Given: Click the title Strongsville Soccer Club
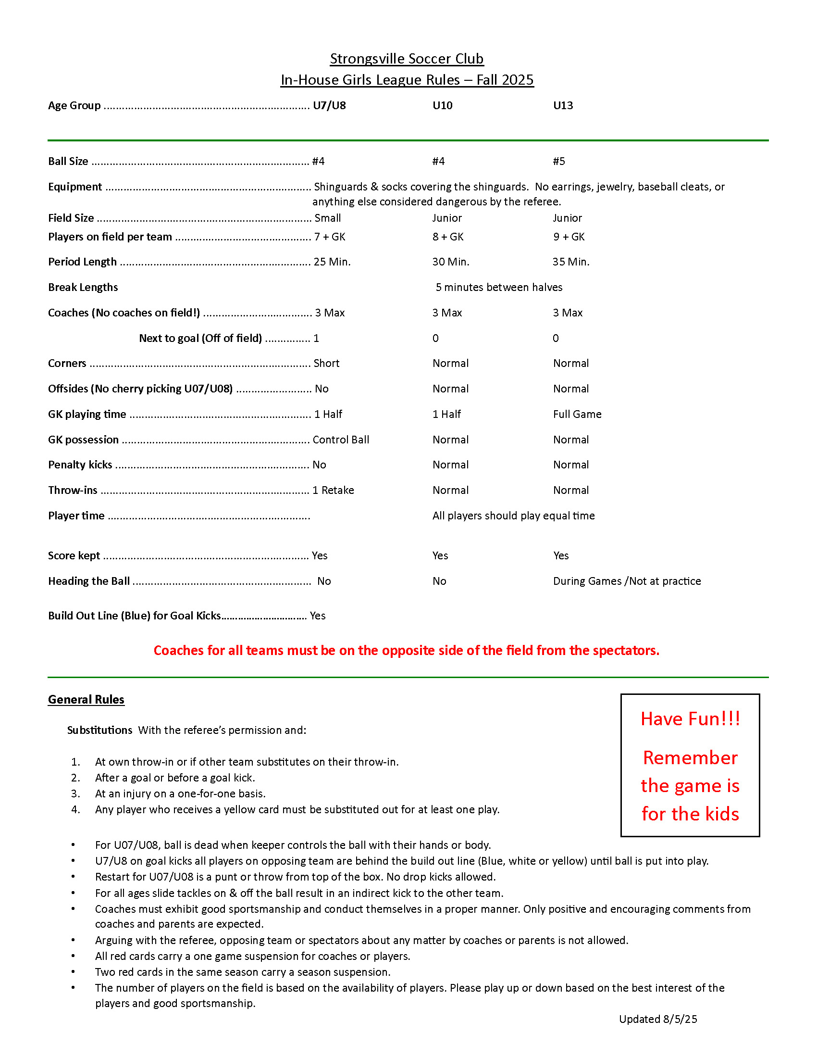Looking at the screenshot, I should coord(407,59).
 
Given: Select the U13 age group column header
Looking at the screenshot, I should coord(563,106).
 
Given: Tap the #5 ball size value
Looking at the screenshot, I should coord(559,161).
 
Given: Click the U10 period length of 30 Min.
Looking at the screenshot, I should coord(451,262).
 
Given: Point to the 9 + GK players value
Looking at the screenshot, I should coord(569,237).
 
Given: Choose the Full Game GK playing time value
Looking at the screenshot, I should coord(577,414).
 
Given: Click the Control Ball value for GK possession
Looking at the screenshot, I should coord(341,440).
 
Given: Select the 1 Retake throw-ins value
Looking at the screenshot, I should coord(333,490).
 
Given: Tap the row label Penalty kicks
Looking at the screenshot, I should coord(80,465).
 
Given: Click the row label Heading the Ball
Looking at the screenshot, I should coord(88,581).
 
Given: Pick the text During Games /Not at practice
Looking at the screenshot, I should coord(627,581).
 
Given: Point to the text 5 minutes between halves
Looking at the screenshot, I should coord(498,287).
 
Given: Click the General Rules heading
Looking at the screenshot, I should coord(86,700).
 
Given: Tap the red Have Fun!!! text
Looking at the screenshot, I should coord(690,719).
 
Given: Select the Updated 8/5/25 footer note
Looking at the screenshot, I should coord(658,1019).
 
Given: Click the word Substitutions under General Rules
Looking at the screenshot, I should coord(99,730).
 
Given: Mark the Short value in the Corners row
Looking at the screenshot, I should coord(326,363).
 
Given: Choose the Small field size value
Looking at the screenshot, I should coord(328,218).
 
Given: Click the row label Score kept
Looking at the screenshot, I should coord(74,555).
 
